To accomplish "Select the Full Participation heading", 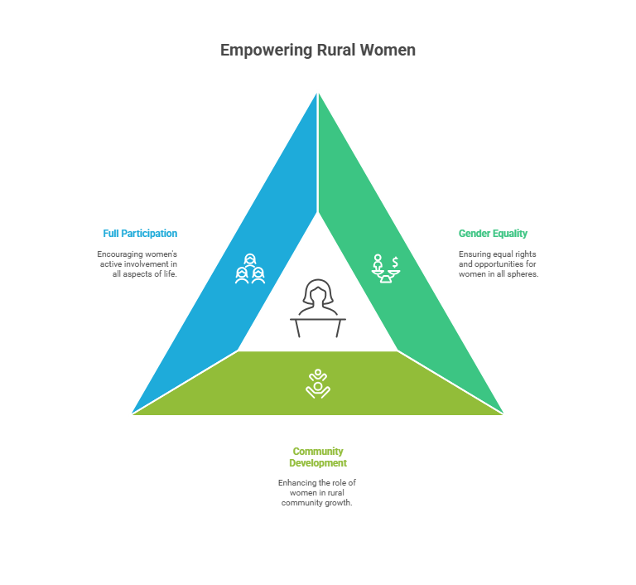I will click(140, 234).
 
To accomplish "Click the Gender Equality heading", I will click(493, 234).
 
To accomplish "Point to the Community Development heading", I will click(318, 457).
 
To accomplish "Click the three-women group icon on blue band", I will click(250, 269).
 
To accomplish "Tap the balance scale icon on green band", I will click(385, 268).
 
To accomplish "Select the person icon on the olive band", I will click(318, 383).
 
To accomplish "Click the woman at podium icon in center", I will click(318, 308).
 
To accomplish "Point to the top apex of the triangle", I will click(318, 90).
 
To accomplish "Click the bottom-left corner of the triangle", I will click(131, 414).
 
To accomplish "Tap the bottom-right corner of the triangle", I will click(505, 414).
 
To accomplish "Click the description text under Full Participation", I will click(137, 263).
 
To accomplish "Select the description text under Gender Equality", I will click(499, 263).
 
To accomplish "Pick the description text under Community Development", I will click(317, 492).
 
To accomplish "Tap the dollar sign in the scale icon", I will click(396, 262).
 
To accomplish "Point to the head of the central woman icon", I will click(318, 292).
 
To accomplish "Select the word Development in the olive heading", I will click(318, 463).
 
